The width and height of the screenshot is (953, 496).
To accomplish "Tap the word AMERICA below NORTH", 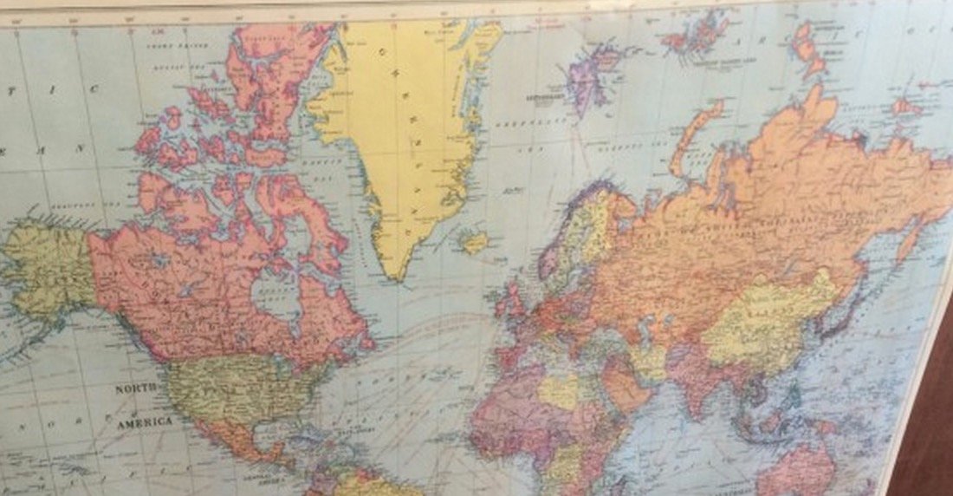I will [x=145, y=421].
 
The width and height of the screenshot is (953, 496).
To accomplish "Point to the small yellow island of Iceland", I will [x=474, y=241].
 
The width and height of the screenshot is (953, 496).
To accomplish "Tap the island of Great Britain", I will [x=511, y=303].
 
